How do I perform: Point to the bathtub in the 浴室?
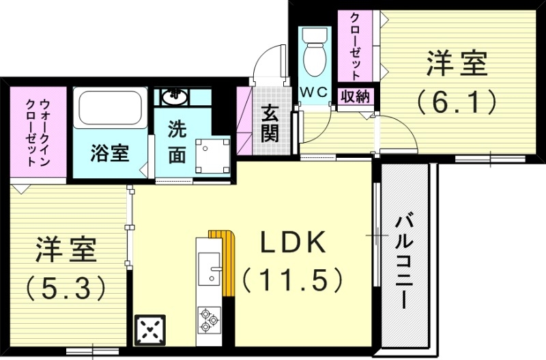tap(109, 109)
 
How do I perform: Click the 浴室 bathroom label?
tap(109, 153)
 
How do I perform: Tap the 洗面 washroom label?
tap(177, 141)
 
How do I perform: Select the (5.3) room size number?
tap(66, 286)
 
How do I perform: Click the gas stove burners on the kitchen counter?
tap(209, 318)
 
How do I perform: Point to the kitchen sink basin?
tap(211, 268)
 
